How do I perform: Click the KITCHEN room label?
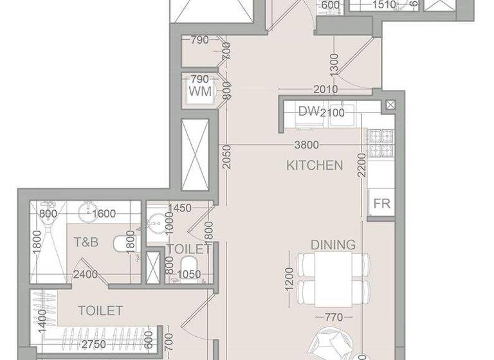315,165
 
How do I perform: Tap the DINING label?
333,245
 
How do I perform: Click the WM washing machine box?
200,90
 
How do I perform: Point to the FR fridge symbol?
381,204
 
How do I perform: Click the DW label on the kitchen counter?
309,111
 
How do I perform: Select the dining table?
333,279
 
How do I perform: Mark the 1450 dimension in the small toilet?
179,208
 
